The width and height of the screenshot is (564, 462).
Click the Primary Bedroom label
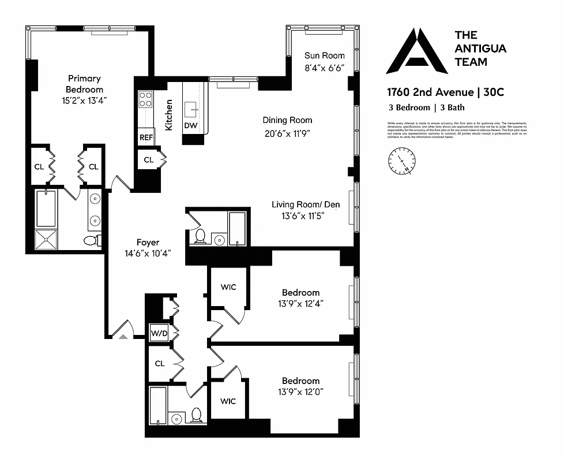[84, 84]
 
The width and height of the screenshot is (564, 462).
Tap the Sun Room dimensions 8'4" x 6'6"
[324, 67]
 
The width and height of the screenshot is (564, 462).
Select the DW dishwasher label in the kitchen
[190, 125]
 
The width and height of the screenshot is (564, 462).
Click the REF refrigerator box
[146, 138]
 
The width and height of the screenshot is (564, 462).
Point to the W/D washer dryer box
[159, 333]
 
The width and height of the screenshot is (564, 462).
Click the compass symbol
[402, 160]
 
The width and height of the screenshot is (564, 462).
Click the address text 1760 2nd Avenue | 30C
[441, 92]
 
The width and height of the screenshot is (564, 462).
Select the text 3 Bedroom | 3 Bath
[426, 107]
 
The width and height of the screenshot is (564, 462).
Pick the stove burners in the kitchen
[145, 99]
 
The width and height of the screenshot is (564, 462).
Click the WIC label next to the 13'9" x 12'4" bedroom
[229, 287]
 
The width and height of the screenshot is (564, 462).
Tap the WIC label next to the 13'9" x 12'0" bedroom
[229, 400]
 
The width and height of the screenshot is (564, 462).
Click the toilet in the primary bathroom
[91, 240]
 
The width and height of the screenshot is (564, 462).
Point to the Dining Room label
[287, 120]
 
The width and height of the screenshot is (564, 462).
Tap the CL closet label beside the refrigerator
[148, 160]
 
